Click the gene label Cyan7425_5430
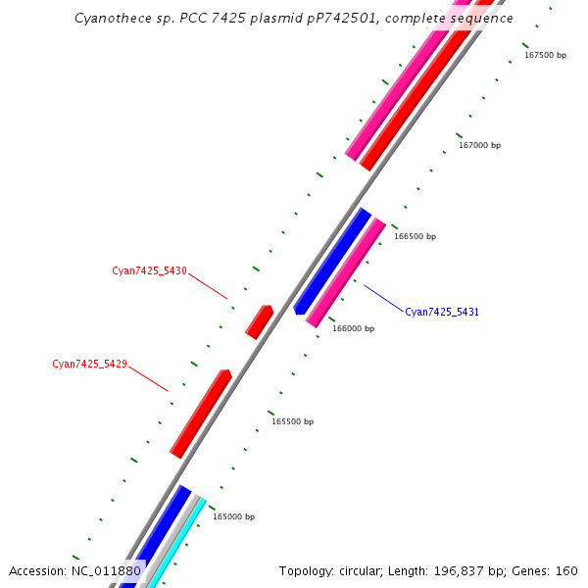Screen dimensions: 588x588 click(149, 270)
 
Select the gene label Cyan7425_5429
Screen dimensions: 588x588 click(89, 364)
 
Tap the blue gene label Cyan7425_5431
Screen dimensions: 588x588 click(442, 312)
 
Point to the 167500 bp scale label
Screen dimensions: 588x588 click(545, 55)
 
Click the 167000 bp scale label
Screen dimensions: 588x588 click(479, 145)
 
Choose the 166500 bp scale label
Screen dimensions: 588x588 click(415, 236)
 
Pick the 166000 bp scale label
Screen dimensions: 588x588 click(353, 328)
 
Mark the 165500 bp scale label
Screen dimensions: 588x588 click(292, 421)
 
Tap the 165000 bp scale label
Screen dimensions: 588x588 click(233, 516)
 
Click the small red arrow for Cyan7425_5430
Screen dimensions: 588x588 click(259, 321)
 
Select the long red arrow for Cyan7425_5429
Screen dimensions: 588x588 click(200, 414)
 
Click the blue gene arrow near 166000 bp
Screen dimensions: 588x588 click(332, 262)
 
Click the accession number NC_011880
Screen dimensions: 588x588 click(106, 570)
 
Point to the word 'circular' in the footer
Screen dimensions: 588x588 click(357, 570)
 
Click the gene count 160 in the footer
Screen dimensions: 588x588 click(566, 570)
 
